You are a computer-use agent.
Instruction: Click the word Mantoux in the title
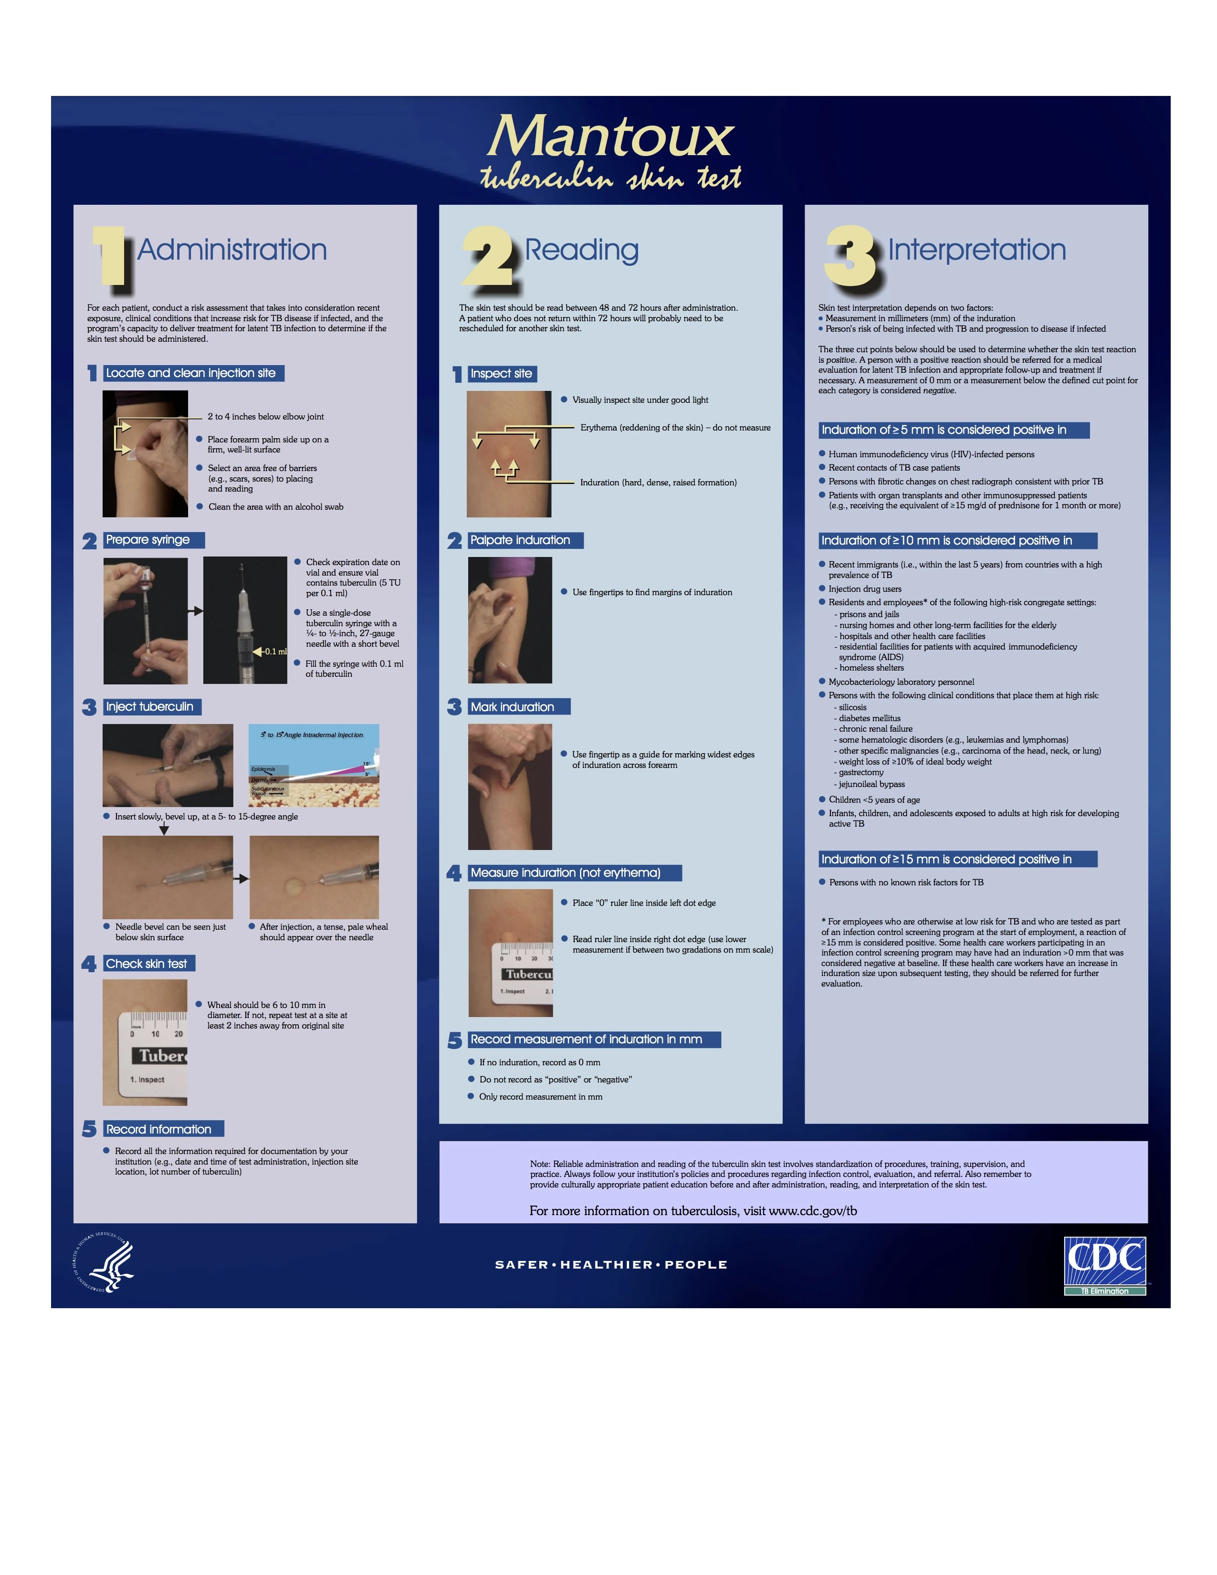[x=610, y=136]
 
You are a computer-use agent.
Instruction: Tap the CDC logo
[x=1104, y=1266]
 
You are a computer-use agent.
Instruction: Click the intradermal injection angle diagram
[x=314, y=765]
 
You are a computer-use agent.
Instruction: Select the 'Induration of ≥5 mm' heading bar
[x=955, y=430]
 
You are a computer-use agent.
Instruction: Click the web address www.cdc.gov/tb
[x=813, y=1211]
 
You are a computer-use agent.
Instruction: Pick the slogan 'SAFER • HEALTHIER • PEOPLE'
[x=611, y=1264]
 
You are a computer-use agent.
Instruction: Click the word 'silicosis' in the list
[x=852, y=707]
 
